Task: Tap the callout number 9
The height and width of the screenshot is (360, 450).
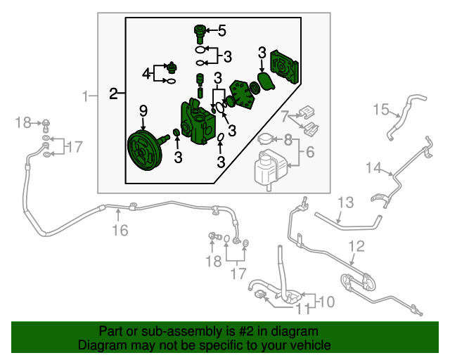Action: [x=143, y=110]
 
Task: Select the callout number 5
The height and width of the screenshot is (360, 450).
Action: [x=222, y=30]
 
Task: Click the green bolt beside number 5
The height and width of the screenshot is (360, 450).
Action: [x=200, y=30]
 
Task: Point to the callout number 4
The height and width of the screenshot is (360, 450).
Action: [x=146, y=73]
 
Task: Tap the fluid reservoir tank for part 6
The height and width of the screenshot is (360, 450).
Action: [x=267, y=169]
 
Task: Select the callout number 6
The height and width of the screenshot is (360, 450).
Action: [x=310, y=152]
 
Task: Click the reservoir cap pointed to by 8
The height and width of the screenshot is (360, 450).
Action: [x=266, y=139]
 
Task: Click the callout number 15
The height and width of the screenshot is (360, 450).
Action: [x=380, y=109]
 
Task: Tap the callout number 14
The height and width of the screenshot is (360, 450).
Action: [x=372, y=167]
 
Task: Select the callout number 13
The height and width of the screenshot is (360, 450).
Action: [x=345, y=203]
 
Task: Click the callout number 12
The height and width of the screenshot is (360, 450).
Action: [x=356, y=246]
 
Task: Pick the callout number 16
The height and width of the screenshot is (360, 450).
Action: [x=120, y=230]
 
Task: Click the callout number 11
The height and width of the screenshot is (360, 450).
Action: [x=302, y=308]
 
